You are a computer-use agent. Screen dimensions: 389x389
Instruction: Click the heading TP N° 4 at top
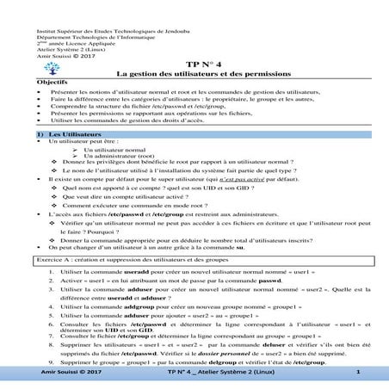[204, 65]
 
